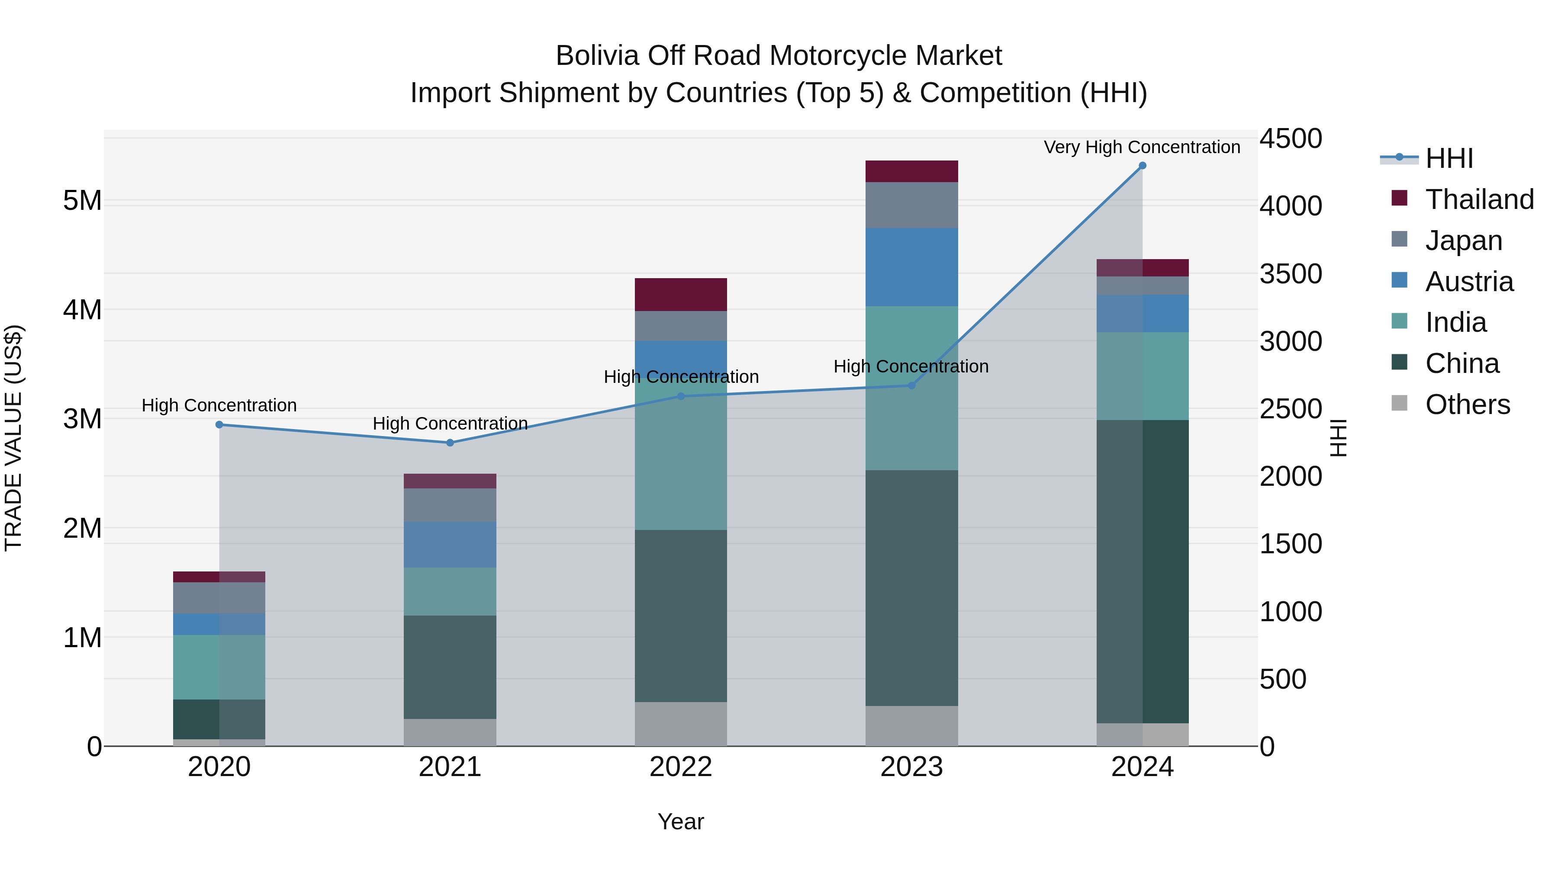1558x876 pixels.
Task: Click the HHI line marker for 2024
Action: [1142, 166]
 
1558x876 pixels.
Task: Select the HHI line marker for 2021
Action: [450, 443]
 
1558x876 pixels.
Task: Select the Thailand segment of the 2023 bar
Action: [911, 171]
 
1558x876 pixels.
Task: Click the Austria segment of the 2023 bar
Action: [911, 266]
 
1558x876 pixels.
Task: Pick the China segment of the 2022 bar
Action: [680, 616]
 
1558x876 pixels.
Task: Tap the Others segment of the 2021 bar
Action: [450, 732]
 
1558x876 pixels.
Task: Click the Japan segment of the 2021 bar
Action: [450, 505]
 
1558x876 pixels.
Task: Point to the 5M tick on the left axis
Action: [83, 201]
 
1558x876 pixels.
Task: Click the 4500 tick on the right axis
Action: [1290, 138]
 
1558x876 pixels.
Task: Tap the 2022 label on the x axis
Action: [680, 767]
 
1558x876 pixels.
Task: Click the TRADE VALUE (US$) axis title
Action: [13, 438]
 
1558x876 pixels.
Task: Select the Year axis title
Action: [680, 821]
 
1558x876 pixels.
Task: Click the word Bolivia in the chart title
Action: [598, 56]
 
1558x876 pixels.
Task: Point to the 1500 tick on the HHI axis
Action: [1290, 543]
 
